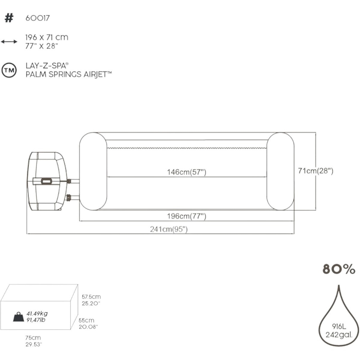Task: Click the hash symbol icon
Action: tap(9, 18)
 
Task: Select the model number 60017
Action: tap(37, 18)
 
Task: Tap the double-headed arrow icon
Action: tap(9, 41)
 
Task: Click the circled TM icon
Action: tap(9, 70)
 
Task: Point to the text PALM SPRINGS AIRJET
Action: tap(68, 74)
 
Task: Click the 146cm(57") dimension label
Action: tap(187, 172)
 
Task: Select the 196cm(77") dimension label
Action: tap(187, 216)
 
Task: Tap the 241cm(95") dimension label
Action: tap(169, 229)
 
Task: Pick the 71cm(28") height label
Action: tap(315, 171)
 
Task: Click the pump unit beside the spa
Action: tap(48, 181)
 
